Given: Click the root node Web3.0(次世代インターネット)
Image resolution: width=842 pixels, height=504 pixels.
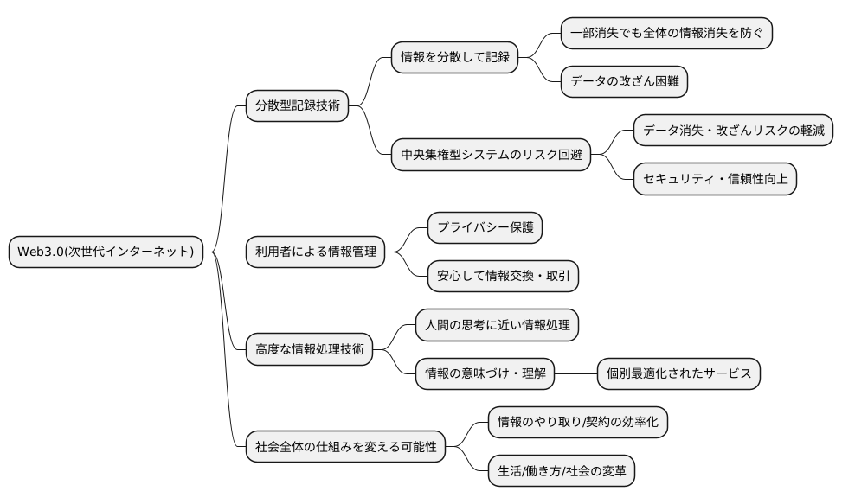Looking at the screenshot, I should click(x=106, y=252).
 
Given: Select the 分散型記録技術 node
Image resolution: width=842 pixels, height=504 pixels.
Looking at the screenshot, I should click(x=297, y=107).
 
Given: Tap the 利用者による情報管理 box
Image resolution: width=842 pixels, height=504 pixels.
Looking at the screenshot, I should click(x=315, y=252).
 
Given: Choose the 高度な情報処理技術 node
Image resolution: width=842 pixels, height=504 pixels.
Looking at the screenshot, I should click(x=309, y=350).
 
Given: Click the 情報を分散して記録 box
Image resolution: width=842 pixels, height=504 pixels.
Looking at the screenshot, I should click(x=453, y=58).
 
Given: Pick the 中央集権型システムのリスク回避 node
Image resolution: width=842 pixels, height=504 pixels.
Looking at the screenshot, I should click(x=491, y=156).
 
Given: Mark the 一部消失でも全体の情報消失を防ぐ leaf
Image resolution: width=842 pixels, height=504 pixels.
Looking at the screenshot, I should click(x=666, y=34).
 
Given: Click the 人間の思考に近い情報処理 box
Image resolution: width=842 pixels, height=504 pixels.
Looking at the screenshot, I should click(x=497, y=325).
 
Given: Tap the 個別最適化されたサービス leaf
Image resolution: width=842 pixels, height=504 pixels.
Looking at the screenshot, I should click(x=679, y=373).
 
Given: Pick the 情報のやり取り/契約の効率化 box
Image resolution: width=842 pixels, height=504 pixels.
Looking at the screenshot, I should click(x=578, y=423).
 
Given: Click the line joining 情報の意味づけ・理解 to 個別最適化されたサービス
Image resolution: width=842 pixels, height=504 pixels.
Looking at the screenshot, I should click(x=575, y=373).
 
